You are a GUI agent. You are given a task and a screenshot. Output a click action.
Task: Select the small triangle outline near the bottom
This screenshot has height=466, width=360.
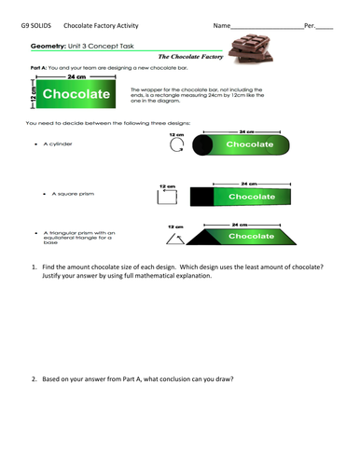point(174,239)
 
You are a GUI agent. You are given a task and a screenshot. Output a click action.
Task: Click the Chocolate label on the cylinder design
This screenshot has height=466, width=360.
point(249,145)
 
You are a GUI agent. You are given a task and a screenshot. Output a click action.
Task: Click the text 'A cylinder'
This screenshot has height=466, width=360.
point(58,144)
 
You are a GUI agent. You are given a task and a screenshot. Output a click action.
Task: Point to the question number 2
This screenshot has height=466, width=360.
point(35,378)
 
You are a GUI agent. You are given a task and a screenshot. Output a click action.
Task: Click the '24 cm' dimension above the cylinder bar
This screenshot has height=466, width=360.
point(244,132)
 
